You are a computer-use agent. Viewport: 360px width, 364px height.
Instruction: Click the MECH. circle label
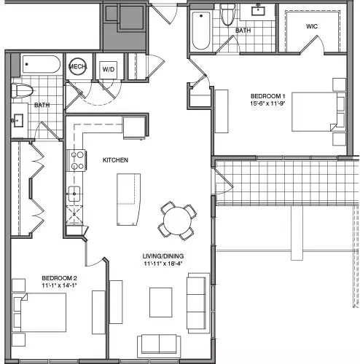77,66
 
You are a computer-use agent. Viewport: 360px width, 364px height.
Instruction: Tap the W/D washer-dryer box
109,69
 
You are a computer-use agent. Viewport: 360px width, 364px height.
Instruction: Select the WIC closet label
312,26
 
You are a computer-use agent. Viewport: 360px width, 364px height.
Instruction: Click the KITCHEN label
115,160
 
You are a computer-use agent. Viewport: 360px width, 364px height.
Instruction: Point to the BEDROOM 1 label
267,96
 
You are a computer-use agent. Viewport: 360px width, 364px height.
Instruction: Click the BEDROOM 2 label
60,278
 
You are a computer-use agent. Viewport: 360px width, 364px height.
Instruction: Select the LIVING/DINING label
163,256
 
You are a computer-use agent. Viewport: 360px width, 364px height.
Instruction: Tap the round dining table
177,221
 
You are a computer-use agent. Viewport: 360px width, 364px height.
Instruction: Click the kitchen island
128,199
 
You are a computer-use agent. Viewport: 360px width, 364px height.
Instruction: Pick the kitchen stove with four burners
77,160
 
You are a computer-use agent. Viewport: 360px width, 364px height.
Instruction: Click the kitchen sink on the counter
74,194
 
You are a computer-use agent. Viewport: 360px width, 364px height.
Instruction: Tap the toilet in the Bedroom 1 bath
227,14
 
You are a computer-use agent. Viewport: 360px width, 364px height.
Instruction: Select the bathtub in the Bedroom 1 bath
201,31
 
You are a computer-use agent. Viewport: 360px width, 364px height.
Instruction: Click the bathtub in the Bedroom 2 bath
41,64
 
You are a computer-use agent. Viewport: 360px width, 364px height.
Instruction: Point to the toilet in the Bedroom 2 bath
22,90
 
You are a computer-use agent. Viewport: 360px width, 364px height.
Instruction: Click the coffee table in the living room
161,302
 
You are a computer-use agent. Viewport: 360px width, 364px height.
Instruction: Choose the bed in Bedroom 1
318,112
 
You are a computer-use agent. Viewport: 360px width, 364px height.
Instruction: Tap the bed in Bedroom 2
39,312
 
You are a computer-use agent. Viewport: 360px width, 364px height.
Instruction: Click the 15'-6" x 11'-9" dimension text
267,103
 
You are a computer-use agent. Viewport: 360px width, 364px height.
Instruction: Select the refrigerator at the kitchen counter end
134,128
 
